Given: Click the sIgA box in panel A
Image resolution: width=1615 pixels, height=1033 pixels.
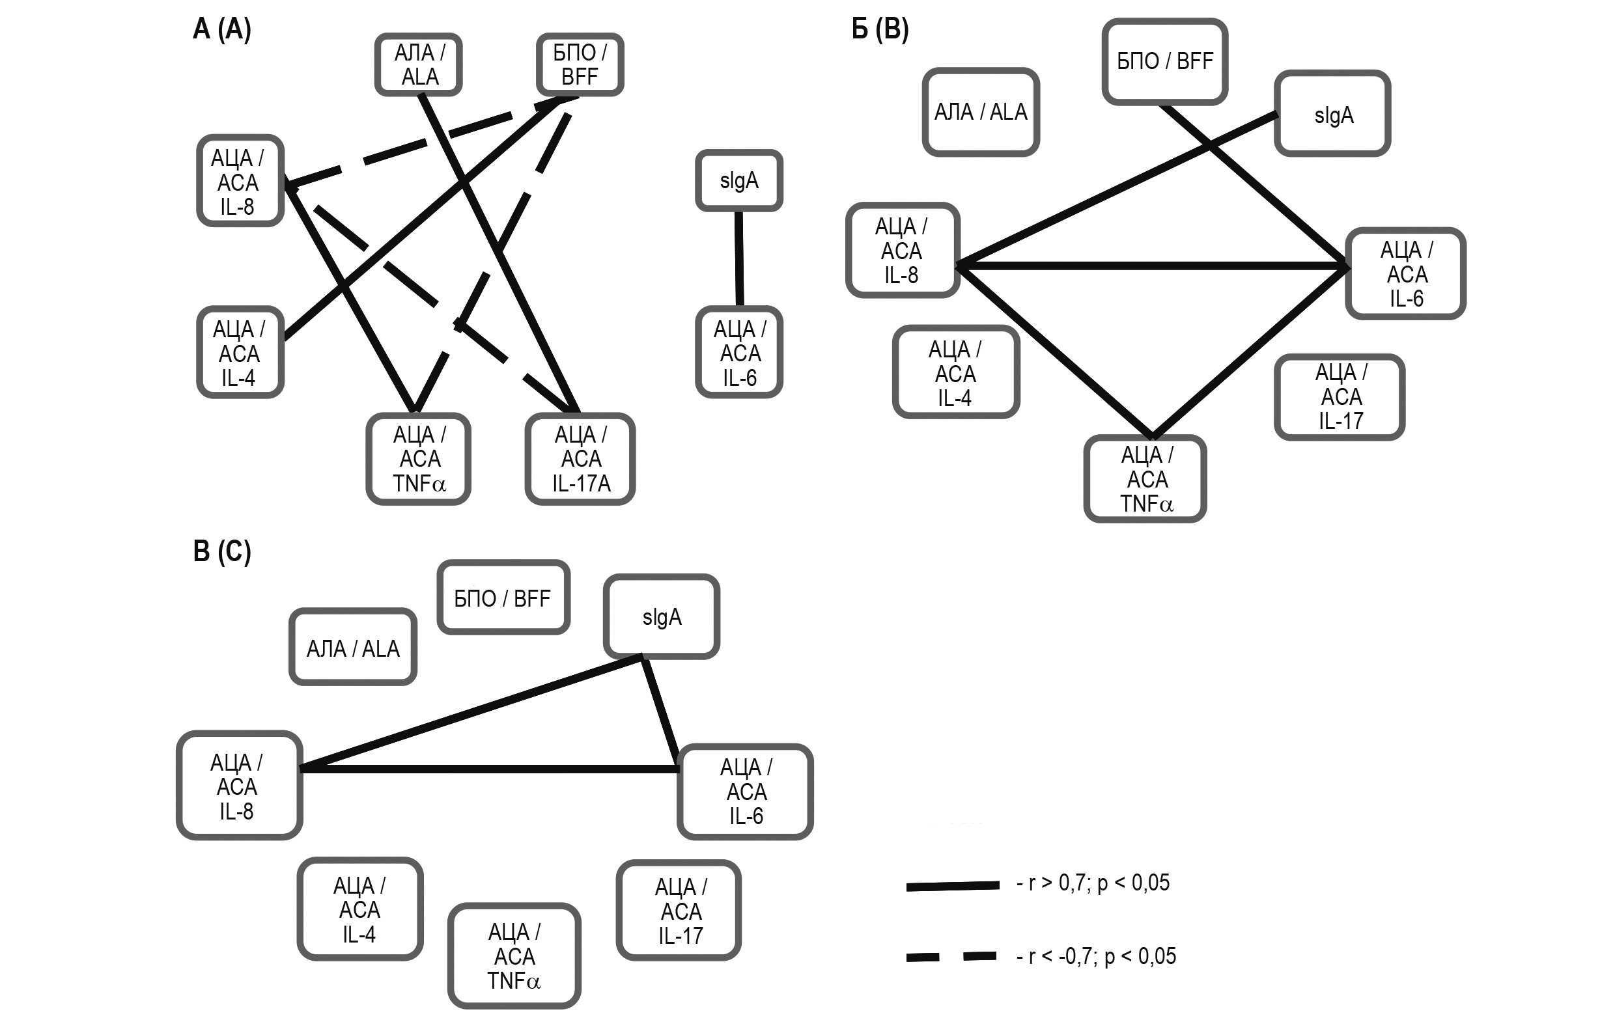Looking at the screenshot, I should [x=738, y=180].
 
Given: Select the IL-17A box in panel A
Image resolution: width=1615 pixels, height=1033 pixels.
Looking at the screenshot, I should [x=580, y=459].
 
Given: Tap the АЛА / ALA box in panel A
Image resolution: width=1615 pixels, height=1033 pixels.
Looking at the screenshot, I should [x=419, y=64].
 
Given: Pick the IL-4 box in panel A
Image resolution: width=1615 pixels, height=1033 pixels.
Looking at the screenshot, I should [x=240, y=352].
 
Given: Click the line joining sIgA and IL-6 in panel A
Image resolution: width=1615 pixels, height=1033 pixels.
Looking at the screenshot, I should [x=738, y=258].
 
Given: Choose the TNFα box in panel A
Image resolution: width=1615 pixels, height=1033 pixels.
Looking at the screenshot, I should [x=419, y=459].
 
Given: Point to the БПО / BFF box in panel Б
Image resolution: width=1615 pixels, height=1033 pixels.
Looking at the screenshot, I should [x=1165, y=62].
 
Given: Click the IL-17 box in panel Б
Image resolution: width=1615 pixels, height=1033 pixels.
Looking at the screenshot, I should [x=1340, y=397].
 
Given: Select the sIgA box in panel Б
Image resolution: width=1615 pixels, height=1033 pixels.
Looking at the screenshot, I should [x=1332, y=114].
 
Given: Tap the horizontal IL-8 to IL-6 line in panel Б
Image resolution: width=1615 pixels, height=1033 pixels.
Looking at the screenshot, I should [x=1151, y=266].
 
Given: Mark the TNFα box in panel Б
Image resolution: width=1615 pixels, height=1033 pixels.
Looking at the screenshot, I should [x=1145, y=479].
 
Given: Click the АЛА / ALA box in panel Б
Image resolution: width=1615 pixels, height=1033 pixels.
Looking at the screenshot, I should [x=980, y=112].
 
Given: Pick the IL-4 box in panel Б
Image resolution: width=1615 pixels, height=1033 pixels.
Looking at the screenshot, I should [x=955, y=373].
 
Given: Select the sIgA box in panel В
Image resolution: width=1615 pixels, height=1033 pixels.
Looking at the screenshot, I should [x=662, y=616].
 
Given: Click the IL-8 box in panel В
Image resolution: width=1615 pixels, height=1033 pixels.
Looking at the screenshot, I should [x=239, y=786].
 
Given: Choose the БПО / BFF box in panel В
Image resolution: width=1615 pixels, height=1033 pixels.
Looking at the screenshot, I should [x=503, y=598].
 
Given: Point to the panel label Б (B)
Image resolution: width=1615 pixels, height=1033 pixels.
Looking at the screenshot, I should [x=880, y=29].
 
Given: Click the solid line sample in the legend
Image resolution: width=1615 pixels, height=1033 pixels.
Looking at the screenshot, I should [x=953, y=886].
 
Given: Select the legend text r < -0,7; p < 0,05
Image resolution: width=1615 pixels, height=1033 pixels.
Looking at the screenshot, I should [x=1097, y=956].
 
